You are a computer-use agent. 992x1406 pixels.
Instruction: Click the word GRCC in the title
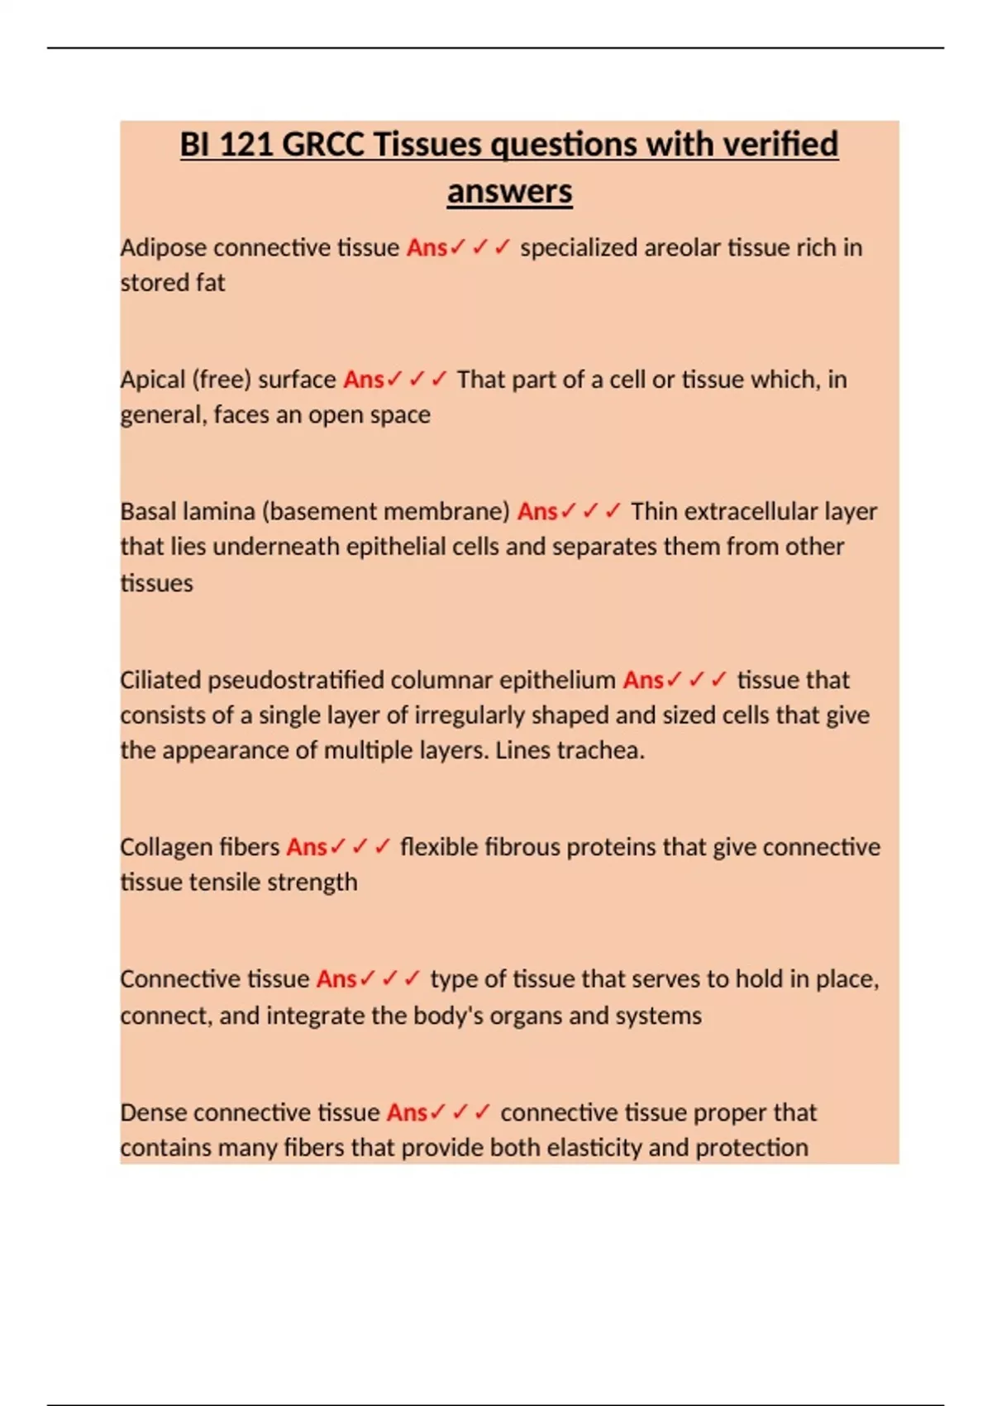click(323, 145)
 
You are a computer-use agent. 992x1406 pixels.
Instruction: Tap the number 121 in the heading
click(246, 145)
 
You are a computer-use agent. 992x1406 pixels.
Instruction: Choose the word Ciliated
click(160, 680)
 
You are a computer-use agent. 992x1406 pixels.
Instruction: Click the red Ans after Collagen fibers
click(307, 848)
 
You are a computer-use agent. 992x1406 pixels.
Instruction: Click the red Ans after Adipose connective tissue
click(427, 248)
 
